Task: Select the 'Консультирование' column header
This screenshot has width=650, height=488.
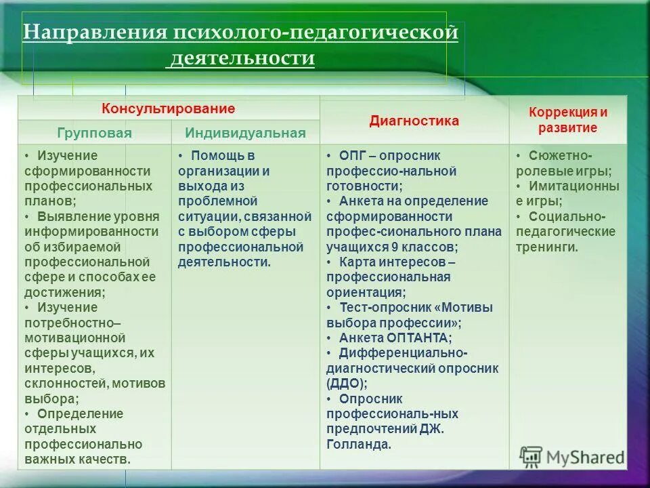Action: pos(169,108)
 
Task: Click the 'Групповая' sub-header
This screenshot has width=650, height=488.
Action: pos(94,133)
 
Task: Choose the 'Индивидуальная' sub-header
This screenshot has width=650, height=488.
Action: pos(245,133)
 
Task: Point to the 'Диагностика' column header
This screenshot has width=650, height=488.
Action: pos(414,121)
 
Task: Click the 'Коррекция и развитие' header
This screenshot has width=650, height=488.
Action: pos(568,120)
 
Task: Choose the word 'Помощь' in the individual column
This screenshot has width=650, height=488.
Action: pos(213,155)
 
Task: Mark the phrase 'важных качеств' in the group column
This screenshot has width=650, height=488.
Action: pos(77,460)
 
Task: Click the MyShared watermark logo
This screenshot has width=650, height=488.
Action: pos(571,457)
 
